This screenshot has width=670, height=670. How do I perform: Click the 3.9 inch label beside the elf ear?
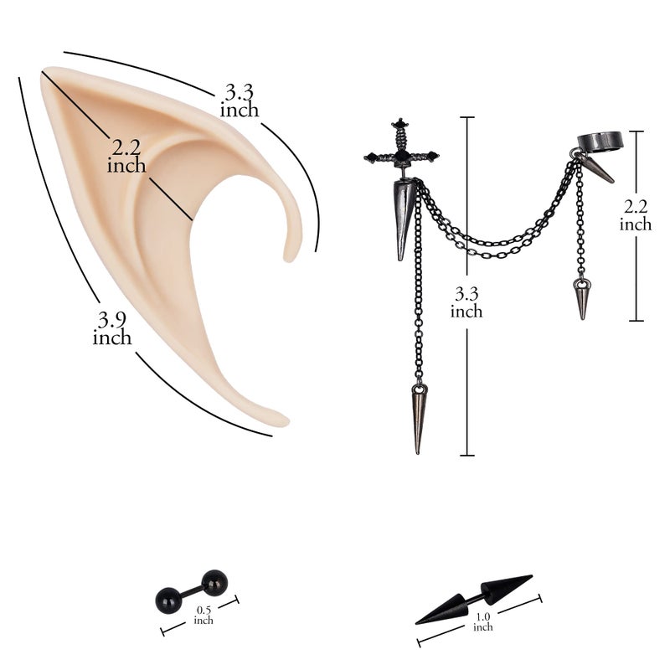[x=112, y=328]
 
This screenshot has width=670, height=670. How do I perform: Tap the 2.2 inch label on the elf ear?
[x=126, y=157]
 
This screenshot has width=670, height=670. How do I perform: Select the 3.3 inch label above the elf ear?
[x=240, y=100]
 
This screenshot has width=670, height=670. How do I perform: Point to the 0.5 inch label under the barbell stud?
[x=204, y=615]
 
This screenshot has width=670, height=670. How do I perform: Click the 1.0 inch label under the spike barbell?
[x=483, y=621]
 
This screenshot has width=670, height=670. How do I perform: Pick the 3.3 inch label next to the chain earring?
[x=466, y=302]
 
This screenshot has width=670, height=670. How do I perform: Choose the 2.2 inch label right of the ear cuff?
[x=636, y=215]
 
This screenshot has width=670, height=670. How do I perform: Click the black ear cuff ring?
[x=603, y=142]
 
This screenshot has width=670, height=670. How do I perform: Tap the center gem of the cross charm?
[x=401, y=157]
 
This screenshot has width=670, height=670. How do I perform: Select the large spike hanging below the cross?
[x=403, y=219]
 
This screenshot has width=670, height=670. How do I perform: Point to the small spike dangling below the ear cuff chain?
[x=582, y=299]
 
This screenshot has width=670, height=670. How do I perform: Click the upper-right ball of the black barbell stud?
[x=215, y=582]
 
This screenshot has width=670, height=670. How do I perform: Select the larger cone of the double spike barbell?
[x=506, y=588]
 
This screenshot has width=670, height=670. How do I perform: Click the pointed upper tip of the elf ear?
[x=44, y=71]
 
